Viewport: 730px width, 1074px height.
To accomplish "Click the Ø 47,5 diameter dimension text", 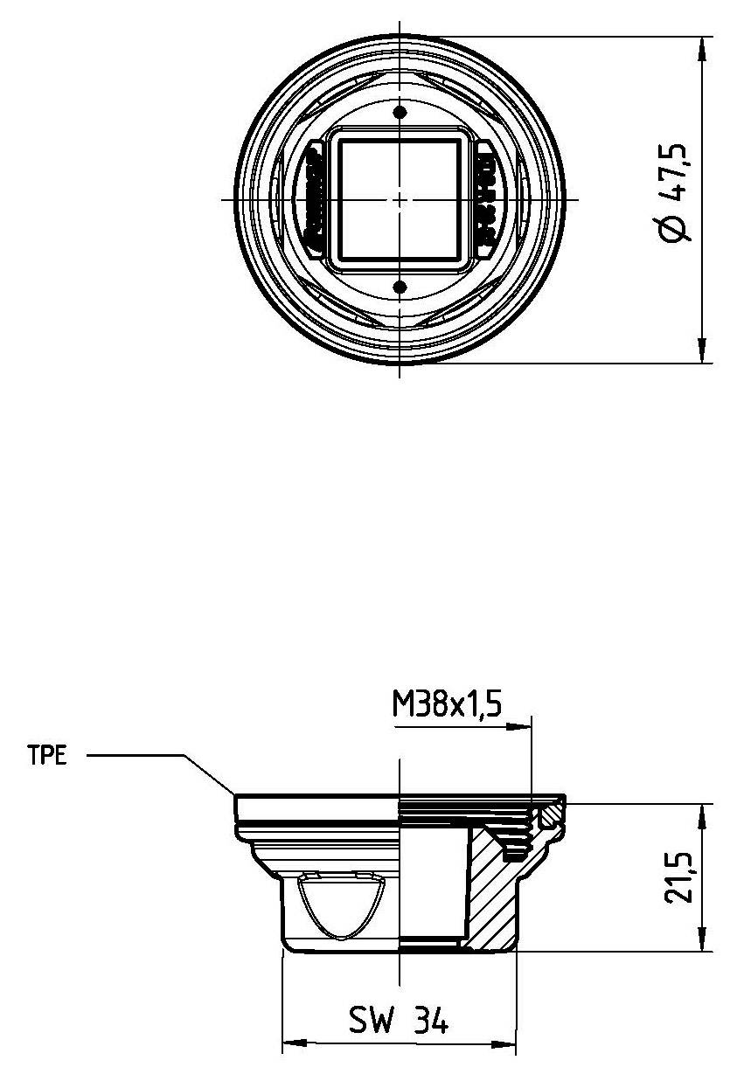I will click(x=678, y=198).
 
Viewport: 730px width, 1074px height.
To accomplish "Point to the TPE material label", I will click(x=46, y=756).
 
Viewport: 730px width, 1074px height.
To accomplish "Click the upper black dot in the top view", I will click(x=400, y=113).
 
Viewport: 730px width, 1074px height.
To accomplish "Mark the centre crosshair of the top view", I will click(x=400, y=199).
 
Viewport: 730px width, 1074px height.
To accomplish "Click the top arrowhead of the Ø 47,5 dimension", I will click(x=702, y=47).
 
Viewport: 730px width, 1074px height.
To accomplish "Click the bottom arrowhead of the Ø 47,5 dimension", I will click(x=702, y=351).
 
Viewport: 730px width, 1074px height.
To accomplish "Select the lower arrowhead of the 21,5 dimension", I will click(x=702, y=940).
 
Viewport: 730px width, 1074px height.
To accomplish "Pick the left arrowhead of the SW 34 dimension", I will click(x=294, y=1043).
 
